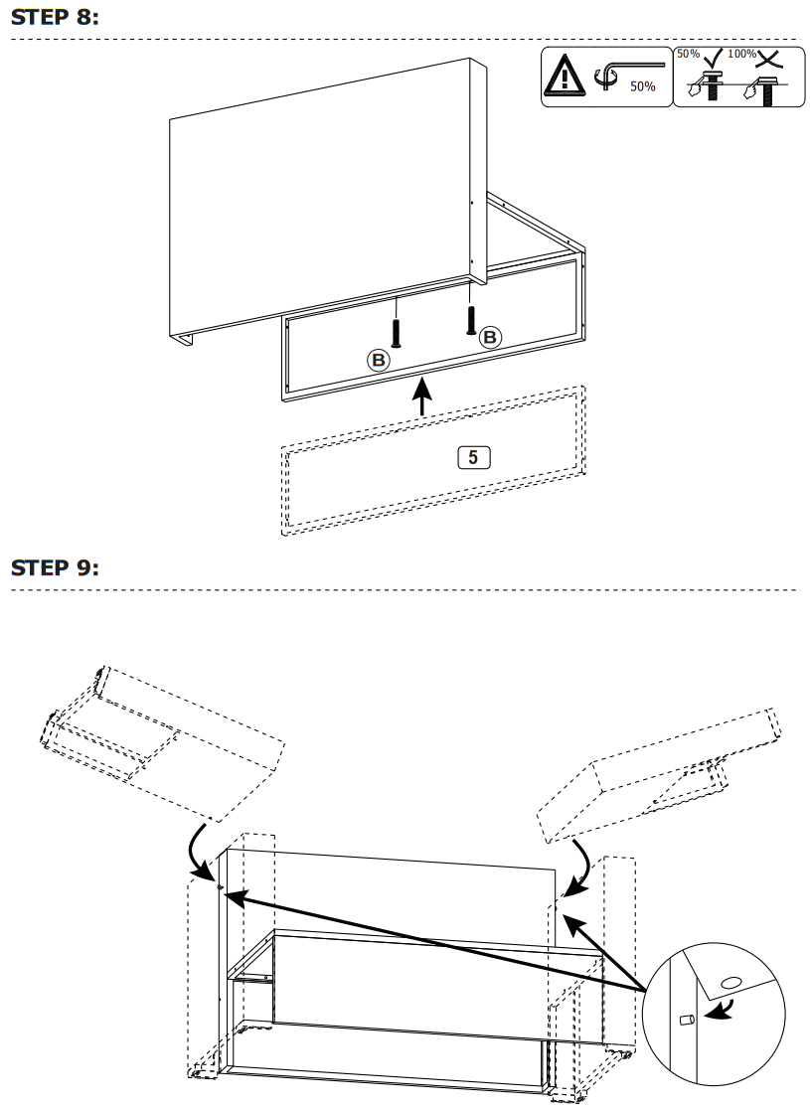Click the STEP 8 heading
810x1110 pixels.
coord(55,19)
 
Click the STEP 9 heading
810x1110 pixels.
coord(55,567)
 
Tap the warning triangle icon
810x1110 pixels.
coord(565,76)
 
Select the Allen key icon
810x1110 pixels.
coord(626,72)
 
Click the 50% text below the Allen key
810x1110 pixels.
coord(643,87)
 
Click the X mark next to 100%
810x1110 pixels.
coord(766,56)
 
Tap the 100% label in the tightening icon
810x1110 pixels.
coord(741,54)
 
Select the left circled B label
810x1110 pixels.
coord(378,360)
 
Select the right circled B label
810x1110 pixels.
coord(490,337)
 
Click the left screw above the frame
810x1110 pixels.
coord(398,332)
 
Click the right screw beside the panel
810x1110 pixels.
coord(470,318)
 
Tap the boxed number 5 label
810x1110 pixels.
coord(473,457)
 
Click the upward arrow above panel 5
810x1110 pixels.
coord(423,397)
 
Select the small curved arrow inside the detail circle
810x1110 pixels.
coord(721,1010)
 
